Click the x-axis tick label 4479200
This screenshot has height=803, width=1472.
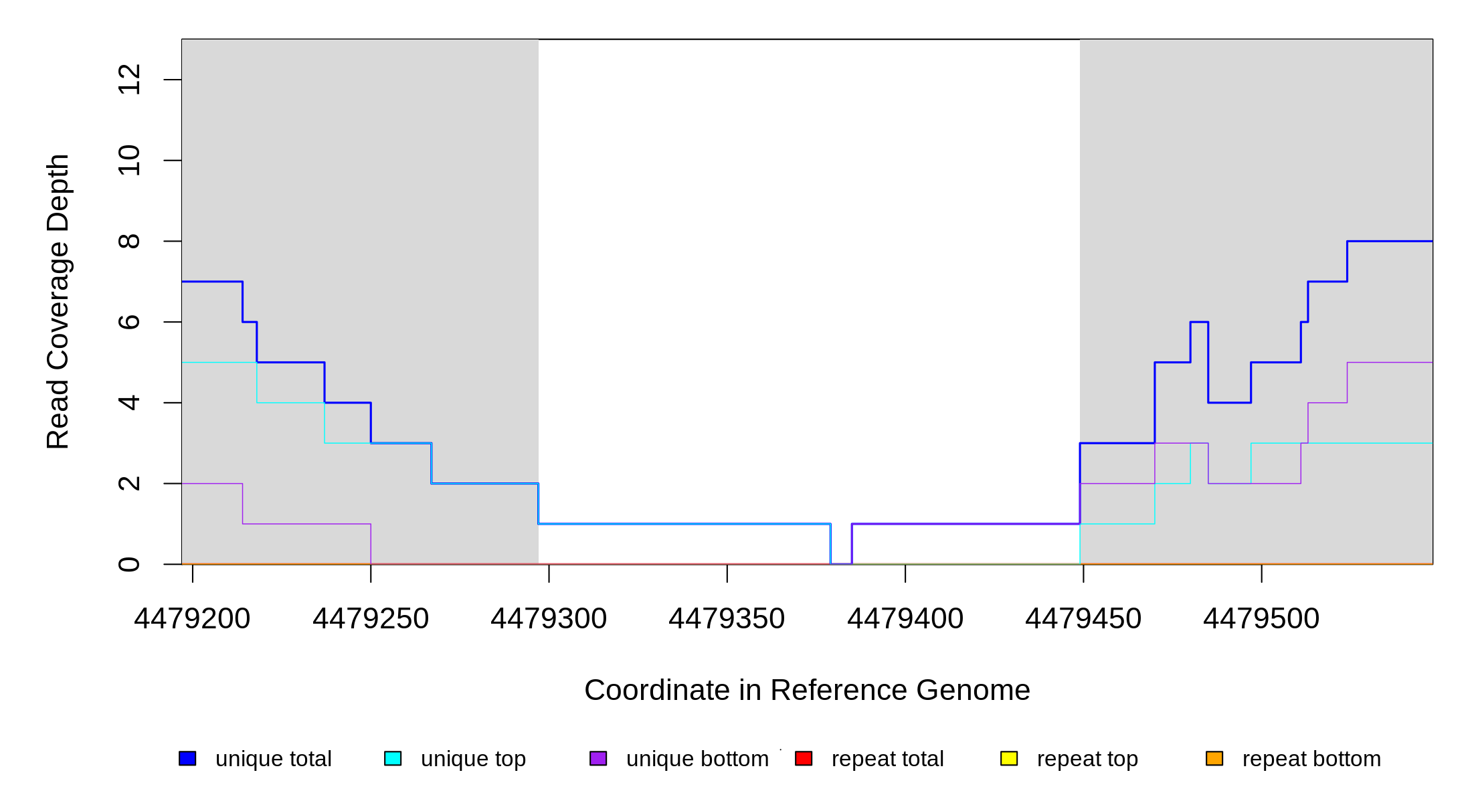click(192, 619)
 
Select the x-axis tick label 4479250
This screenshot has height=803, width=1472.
click(371, 619)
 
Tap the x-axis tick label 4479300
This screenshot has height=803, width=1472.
click(549, 619)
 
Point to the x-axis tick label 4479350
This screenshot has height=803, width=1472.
click(727, 619)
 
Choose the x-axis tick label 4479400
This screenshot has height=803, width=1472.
click(905, 619)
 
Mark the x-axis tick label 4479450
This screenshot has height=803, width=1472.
click(1083, 619)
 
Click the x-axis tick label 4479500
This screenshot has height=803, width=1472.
click(1261, 619)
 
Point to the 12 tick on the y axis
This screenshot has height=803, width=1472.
click(129, 80)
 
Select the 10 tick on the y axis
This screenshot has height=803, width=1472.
click(129, 161)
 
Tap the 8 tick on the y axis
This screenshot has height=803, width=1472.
click(129, 241)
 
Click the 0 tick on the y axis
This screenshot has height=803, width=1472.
click(129, 564)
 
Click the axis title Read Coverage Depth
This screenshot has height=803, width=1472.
click(58, 301)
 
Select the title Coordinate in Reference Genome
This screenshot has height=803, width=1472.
click(807, 690)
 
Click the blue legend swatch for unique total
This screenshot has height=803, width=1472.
click(187, 758)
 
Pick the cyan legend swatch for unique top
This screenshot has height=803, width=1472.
click(393, 758)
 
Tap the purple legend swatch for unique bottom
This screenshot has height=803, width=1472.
click(598, 758)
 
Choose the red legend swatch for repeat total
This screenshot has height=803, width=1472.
click(804, 758)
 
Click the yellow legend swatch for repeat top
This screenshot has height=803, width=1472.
click(1009, 758)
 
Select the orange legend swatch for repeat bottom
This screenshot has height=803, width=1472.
click(1214, 758)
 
